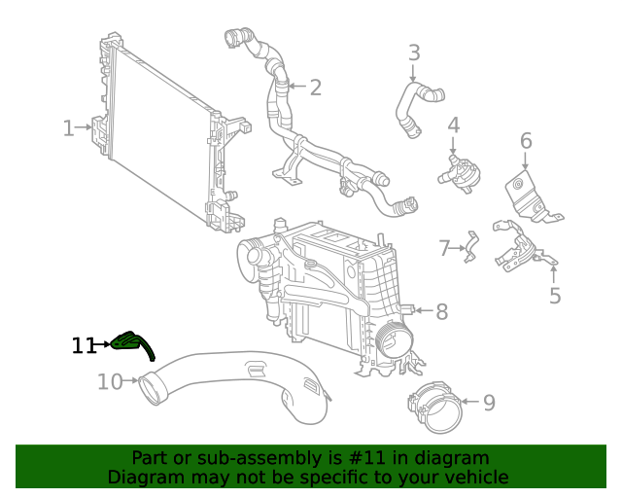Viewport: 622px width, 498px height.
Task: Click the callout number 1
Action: point(68,127)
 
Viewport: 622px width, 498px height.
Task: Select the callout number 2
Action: point(315,89)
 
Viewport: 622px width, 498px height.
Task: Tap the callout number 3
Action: point(414,53)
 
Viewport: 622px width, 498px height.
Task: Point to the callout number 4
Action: point(453,125)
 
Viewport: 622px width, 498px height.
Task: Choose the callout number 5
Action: point(555,296)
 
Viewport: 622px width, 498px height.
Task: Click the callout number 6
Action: point(526,141)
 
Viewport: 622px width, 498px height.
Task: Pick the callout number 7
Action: point(444,249)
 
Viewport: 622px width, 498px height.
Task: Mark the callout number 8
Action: point(441,311)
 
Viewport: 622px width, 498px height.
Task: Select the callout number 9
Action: point(489,402)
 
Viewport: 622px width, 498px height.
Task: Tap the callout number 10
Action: point(110,381)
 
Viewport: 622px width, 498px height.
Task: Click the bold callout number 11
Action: point(85,344)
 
